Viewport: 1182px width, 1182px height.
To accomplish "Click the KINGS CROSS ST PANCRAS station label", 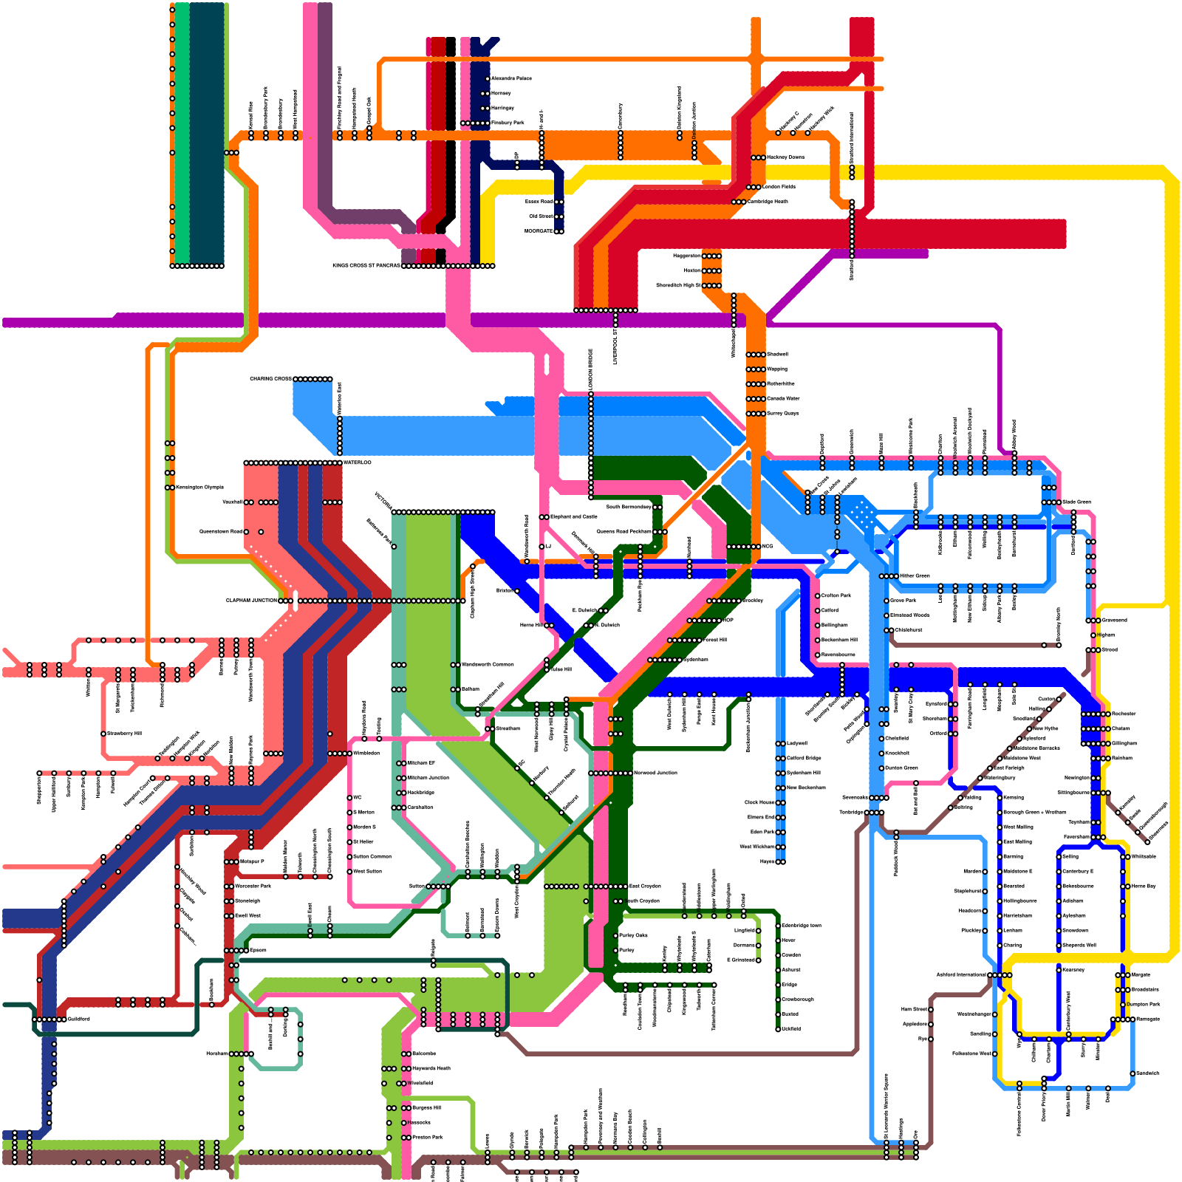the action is pyautogui.click(x=366, y=265).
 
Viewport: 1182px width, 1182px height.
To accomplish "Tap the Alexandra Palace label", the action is pyautogui.click(x=511, y=78).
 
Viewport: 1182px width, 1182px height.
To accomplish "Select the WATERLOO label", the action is pyautogui.click(x=358, y=462).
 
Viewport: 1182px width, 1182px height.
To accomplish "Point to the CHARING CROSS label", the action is pyautogui.click(x=270, y=379).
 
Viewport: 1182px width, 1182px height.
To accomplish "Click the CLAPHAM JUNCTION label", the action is pyautogui.click(x=251, y=601).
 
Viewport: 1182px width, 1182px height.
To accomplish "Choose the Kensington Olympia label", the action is pyautogui.click(x=199, y=488).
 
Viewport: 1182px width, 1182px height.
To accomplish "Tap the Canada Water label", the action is pyautogui.click(x=783, y=398).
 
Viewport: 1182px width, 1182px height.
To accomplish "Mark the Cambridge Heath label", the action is pyautogui.click(x=768, y=202).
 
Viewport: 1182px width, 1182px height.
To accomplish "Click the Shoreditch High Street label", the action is pyautogui.click(x=678, y=285).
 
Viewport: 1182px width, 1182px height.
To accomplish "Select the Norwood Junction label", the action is pyautogui.click(x=655, y=773).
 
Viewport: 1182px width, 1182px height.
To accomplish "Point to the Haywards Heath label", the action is pyautogui.click(x=431, y=1068).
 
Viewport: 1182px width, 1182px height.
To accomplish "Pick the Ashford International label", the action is pyautogui.click(x=960, y=974).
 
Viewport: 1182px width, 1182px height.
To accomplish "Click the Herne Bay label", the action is pyautogui.click(x=1143, y=886).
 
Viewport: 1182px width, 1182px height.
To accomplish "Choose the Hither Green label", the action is pyautogui.click(x=915, y=575).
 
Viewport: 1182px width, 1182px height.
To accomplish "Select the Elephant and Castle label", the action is pyautogui.click(x=573, y=516).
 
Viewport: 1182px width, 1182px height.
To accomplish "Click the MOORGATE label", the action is pyautogui.click(x=539, y=231).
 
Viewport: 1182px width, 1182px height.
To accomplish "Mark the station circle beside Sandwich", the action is pyautogui.click(x=1133, y=1073).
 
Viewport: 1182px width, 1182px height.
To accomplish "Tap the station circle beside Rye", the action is pyautogui.click(x=931, y=1039).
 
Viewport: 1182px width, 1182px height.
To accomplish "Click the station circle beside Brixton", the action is pyautogui.click(x=517, y=591).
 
